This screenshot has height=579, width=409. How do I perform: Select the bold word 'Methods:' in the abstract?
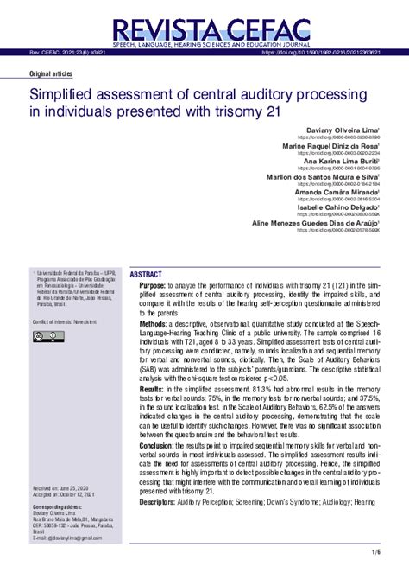154,323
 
